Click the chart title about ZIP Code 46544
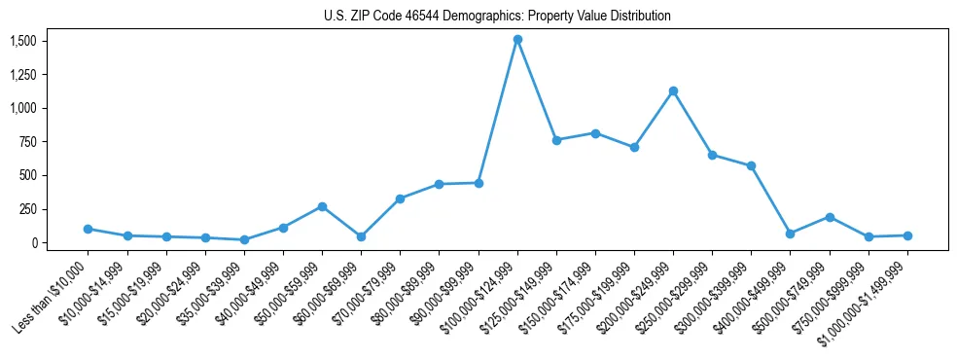[x=497, y=17]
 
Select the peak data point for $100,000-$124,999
[x=517, y=40]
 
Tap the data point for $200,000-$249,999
[x=673, y=90]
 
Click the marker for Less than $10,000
[x=88, y=229]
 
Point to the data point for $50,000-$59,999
[x=322, y=206]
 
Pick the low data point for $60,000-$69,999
[x=361, y=236]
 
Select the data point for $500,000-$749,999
[x=830, y=217]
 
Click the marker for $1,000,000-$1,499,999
[x=907, y=235]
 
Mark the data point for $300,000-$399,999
[x=752, y=165]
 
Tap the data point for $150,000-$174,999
[x=595, y=133]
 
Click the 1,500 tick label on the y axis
[x=23, y=41]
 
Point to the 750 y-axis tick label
[x=30, y=142]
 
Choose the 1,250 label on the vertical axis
[x=23, y=75]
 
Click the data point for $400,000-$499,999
[x=791, y=234]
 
